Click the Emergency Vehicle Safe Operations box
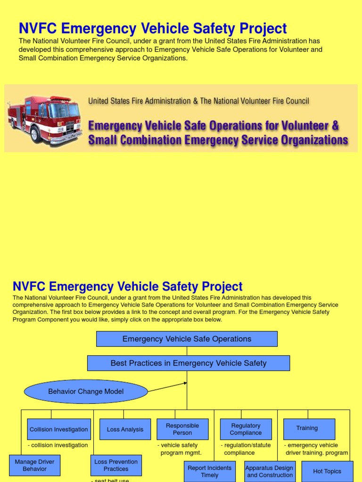click(x=187, y=339)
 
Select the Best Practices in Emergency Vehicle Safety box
click(x=188, y=363)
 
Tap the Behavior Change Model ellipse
click(x=86, y=392)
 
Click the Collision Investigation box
click(x=59, y=429)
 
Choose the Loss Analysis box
click(x=125, y=429)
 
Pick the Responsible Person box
click(x=182, y=429)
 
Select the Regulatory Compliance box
click(x=246, y=429)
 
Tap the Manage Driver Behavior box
click(x=34, y=465)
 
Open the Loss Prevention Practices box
click(x=116, y=465)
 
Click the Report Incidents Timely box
click(x=209, y=471)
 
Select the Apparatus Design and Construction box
click(x=270, y=471)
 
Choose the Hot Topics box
click(x=327, y=471)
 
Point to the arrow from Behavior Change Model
click(x=167, y=387)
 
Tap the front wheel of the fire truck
click(x=36, y=135)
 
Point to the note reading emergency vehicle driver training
click(x=315, y=449)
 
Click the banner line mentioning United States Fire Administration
click(x=198, y=101)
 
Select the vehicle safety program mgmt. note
click(x=180, y=449)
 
